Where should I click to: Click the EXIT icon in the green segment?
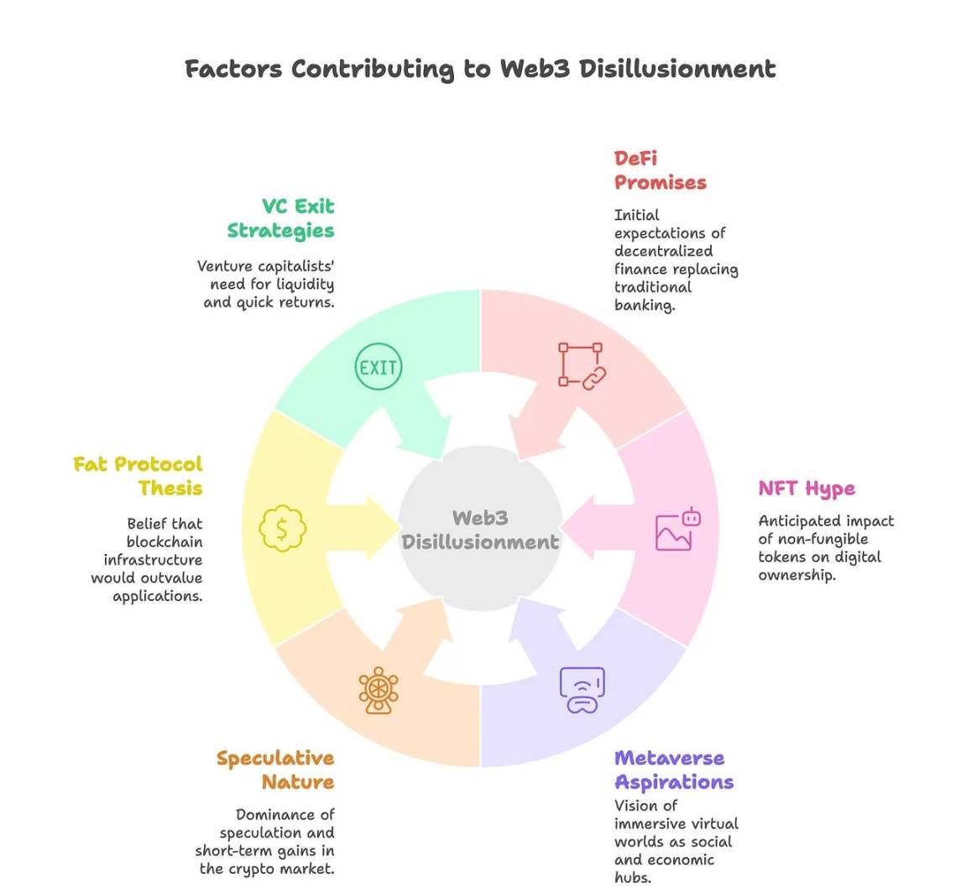(379, 367)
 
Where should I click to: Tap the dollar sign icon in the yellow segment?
(283, 529)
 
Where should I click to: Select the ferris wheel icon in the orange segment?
(379, 690)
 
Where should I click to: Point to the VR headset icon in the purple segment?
(582, 690)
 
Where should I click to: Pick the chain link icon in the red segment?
(582, 365)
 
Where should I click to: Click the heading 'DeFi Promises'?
(660, 170)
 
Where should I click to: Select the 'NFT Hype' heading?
(806, 488)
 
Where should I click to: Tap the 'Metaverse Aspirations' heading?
(673, 770)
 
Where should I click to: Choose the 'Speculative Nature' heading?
(276, 770)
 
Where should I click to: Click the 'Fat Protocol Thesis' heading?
(138, 475)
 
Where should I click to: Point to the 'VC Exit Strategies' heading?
(281, 218)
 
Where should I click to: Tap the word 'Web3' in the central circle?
(480, 518)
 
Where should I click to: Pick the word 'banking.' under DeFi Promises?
(645, 305)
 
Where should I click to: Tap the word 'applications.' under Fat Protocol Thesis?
(158, 596)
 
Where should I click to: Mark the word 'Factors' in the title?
(233, 69)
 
